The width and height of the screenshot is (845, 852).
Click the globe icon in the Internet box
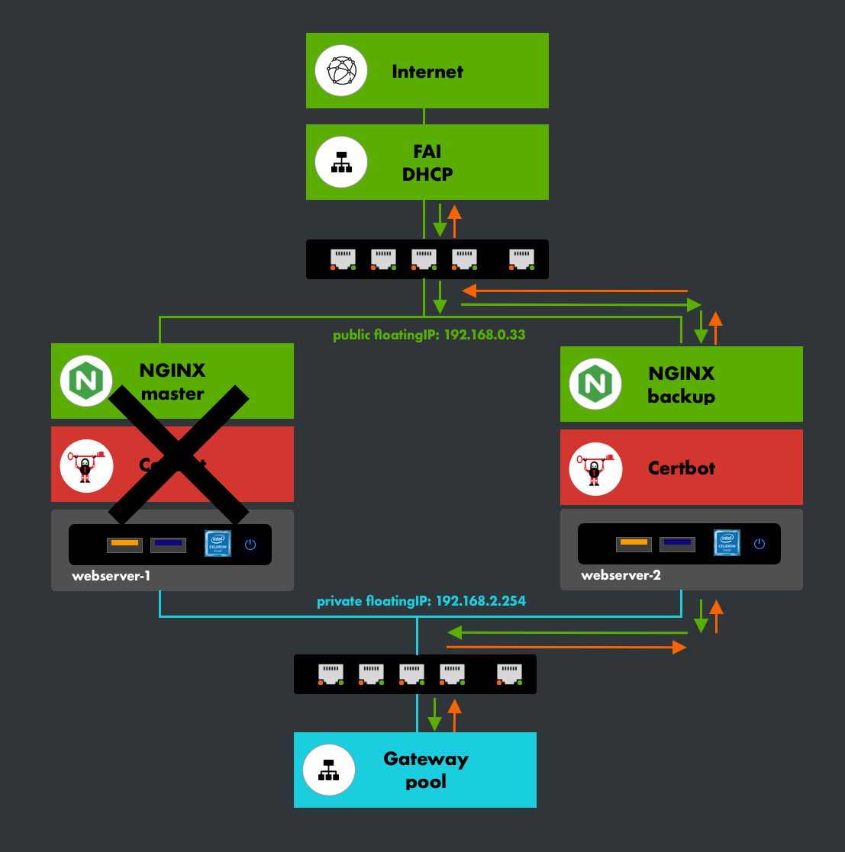point(341,70)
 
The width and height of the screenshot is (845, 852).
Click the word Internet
point(427,72)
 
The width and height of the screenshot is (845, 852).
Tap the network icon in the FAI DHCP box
point(341,162)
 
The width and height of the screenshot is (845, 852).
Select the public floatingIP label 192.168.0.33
point(429,335)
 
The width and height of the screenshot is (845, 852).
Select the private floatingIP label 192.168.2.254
point(421,601)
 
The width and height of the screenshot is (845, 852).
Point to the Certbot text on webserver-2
point(682,468)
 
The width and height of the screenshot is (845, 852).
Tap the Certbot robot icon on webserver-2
point(595,468)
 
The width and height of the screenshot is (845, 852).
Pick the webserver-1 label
point(111,576)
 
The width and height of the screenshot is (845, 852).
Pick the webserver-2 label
point(620,575)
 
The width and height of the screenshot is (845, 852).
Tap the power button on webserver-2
point(759,543)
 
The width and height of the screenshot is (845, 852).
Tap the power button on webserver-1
point(250,545)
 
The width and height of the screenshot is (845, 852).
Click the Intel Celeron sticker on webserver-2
point(727,543)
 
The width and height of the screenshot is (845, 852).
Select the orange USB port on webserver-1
point(124,544)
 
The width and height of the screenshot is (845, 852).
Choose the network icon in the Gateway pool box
point(329,769)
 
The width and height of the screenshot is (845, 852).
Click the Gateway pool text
point(426,770)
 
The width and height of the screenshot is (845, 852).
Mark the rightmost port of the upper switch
point(521,259)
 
